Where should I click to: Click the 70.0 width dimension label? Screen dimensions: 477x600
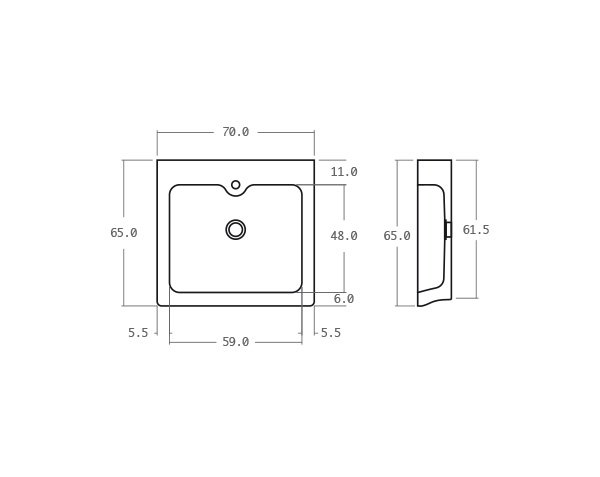click(x=235, y=132)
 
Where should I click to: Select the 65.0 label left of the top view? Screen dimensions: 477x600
click(x=124, y=233)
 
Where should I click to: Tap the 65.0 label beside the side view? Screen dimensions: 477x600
click(x=397, y=236)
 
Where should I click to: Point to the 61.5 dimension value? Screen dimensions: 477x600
click(x=476, y=230)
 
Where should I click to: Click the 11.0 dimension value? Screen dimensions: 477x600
click(x=344, y=172)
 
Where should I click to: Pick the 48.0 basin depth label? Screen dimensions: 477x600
click(x=344, y=236)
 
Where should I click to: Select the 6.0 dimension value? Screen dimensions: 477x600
click(x=344, y=299)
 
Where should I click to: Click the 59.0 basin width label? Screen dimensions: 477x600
click(x=235, y=342)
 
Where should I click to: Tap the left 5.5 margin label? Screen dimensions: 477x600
click(x=138, y=333)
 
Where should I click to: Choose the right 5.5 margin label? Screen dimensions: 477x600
click(x=331, y=333)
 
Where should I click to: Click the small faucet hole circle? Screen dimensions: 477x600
click(x=236, y=185)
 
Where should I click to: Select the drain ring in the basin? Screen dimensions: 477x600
click(x=236, y=230)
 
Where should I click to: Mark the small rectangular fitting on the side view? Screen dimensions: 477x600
click(x=448, y=230)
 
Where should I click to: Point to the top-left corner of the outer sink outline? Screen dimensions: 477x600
click(x=158, y=161)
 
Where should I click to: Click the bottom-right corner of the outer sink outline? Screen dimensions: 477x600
click(x=313, y=304)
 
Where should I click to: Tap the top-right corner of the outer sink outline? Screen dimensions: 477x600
click(x=314, y=161)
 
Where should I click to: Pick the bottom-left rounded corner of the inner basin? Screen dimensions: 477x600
click(x=173, y=289)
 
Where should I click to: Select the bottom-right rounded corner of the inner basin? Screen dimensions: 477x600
click(x=299, y=289)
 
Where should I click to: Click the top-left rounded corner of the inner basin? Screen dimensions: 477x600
click(x=173, y=188)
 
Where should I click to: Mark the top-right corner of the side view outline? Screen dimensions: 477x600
click(x=451, y=161)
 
